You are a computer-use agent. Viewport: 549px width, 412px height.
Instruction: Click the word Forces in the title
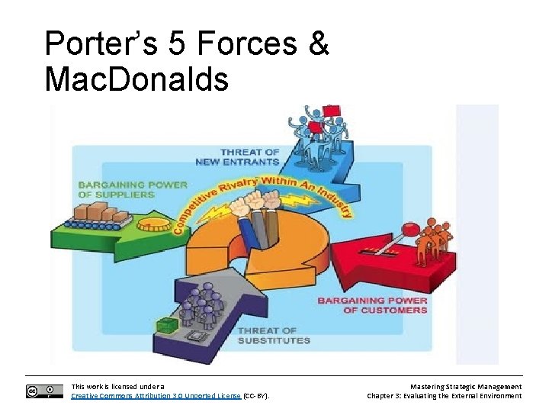(246, 43)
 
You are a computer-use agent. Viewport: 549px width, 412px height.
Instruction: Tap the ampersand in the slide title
(318, 43)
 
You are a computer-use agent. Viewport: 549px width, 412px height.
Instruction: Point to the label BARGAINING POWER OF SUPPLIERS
(132, 189)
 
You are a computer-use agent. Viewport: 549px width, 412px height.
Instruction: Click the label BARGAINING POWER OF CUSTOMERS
(372, 305)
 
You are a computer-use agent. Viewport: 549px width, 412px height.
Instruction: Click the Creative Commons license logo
(44, 391)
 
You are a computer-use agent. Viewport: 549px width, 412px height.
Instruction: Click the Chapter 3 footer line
(445, 396)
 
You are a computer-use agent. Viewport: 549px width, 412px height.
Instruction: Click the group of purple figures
(200, 306)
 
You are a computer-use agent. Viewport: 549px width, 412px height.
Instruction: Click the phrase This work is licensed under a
(117, 387)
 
